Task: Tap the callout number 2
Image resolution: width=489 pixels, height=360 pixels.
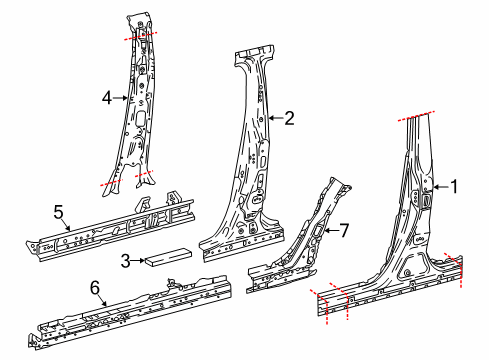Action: pos(289,118)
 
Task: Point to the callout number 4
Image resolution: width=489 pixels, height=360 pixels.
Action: pos(107,98)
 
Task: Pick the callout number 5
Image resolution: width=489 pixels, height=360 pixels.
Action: pos(58,211)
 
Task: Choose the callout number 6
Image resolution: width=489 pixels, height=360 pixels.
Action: pos(95,287)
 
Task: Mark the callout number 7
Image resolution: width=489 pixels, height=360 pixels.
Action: pos(343,231)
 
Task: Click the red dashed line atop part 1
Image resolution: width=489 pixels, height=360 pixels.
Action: pos(420,115)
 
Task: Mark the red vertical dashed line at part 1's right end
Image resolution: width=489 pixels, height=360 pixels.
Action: pos(461,270)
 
